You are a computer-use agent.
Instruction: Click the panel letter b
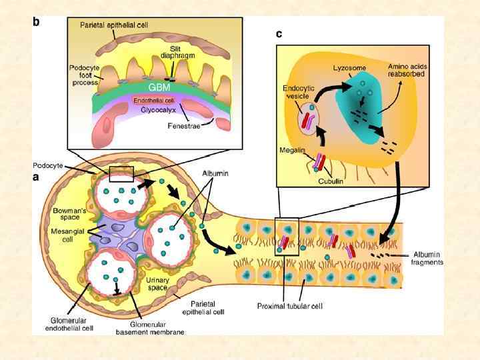point(37,21)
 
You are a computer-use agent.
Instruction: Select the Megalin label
point(291,150)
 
